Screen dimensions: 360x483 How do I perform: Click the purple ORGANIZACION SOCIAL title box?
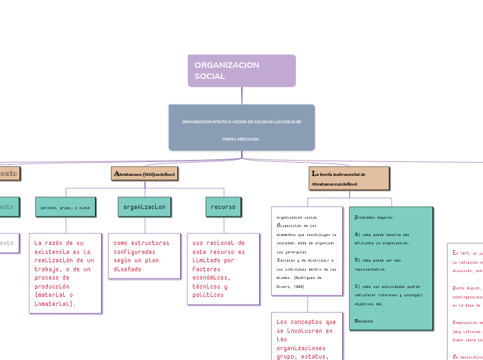click(241, 71)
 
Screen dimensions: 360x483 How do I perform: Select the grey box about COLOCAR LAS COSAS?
click(241, 127)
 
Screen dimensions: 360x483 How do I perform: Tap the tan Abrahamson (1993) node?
click(145, 173)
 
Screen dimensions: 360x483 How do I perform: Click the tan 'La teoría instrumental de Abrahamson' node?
click(349, 178)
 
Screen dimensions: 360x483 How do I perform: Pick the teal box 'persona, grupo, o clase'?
click(65, 207)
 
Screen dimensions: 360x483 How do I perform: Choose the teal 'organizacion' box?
click(144, 207)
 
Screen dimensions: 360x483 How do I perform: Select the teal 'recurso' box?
click(223, 207)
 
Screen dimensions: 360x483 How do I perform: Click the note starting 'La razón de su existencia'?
click(65, 273)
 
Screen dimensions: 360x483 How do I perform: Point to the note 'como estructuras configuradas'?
click(144, 255)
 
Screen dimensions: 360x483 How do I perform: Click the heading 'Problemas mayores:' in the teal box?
click(374, 217)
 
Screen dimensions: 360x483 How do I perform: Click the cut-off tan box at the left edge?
click(9, 173)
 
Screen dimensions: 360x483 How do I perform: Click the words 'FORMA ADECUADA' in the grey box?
click(240, 139)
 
